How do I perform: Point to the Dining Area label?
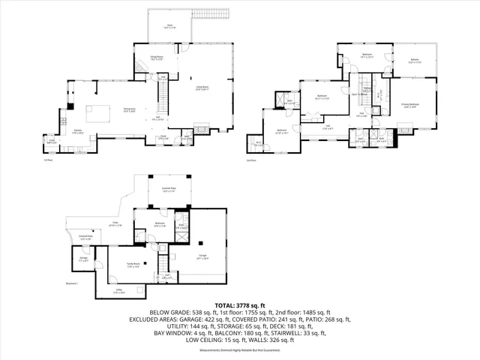point(129,109)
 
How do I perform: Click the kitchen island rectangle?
point(96,114)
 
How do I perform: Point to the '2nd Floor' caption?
point(251,160)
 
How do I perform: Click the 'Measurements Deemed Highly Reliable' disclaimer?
point(240,350)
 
